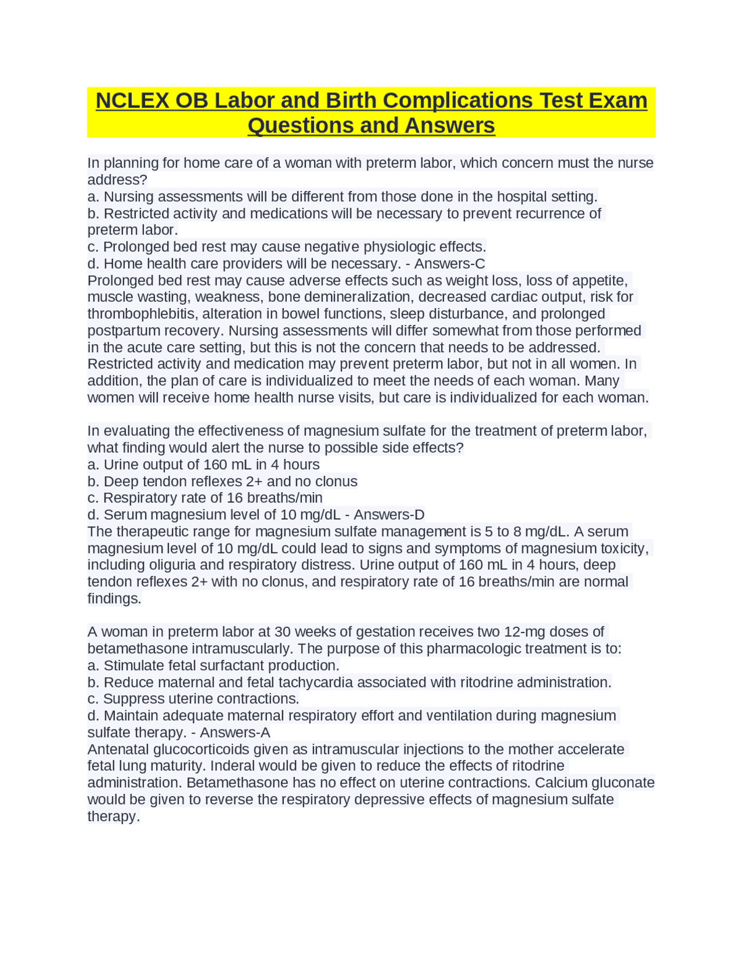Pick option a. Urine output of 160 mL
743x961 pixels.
(x=203, y=465)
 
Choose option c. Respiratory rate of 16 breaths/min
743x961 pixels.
(x=205, y=498)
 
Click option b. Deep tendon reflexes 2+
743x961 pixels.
(x=222, y=482)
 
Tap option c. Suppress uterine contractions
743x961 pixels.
(x=193, y=699)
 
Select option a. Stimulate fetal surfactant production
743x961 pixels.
(x=213, y=666)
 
